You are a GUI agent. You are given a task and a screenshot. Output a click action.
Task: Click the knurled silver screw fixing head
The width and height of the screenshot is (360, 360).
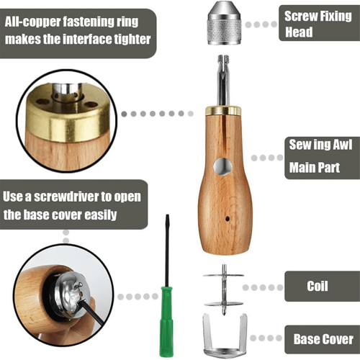point(224,23)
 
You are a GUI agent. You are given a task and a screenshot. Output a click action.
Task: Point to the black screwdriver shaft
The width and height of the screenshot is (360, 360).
point(167,251)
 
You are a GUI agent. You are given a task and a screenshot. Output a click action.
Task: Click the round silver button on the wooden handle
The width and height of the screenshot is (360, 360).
point(223,166)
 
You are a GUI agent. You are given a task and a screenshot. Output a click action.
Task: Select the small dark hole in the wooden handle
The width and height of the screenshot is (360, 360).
point(227,219)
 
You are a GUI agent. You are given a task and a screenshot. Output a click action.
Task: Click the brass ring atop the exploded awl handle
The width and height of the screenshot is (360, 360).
point(223,110)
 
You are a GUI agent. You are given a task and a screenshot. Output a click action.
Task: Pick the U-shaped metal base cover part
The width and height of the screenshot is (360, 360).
point(225,336)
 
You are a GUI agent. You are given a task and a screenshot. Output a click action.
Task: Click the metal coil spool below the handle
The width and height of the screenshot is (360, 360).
point(224,290)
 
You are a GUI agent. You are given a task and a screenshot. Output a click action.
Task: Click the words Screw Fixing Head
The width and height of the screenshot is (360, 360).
point(318,24)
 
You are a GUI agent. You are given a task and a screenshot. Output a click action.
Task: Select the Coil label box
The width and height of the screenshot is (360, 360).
point(322,286)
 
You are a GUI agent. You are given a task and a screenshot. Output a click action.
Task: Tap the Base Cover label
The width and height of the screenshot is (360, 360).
point(322,339)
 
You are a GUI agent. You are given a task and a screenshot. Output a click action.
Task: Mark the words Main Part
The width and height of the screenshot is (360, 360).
point(315,167)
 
